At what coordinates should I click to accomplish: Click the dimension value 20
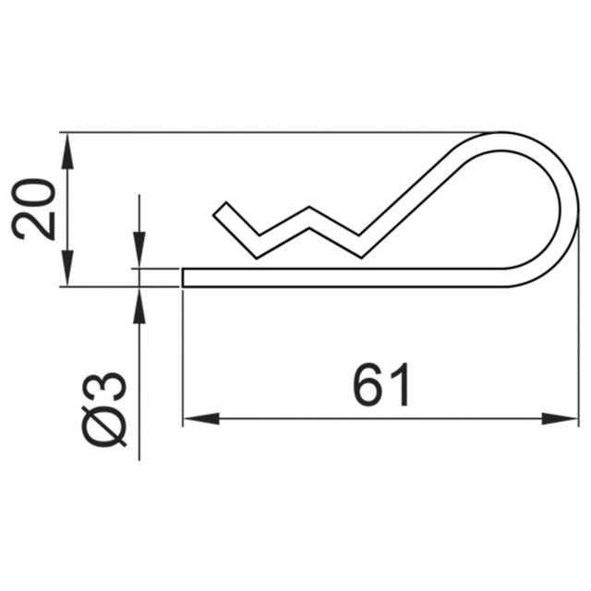[35, 210]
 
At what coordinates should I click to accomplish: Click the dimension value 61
[381, 386]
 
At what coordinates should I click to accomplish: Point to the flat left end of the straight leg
[184, 277]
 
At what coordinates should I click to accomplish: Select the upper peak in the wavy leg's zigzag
[314, 211]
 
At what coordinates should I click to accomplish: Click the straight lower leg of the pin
[351, 277]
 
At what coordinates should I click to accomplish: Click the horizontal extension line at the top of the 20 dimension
[277, 132]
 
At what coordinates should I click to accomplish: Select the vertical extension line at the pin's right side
[578, 351]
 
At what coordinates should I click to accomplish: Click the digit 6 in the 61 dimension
[367, 386]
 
